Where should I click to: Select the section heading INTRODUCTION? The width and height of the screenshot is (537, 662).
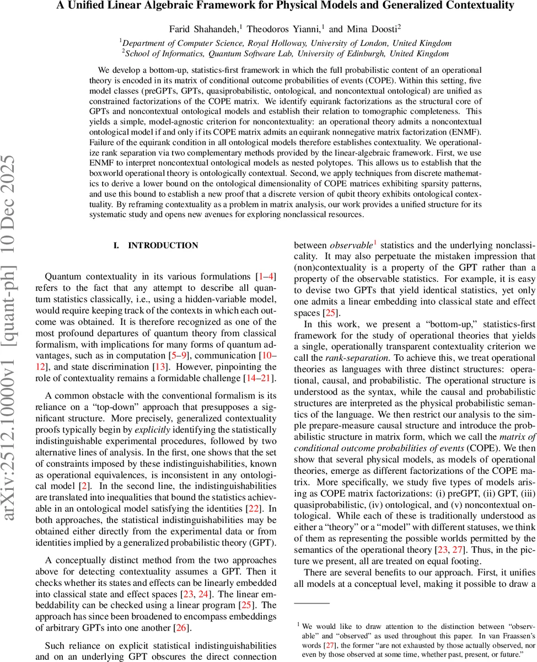(x=163, y=245)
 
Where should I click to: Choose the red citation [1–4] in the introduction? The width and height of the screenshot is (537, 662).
(x=267, y=276)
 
